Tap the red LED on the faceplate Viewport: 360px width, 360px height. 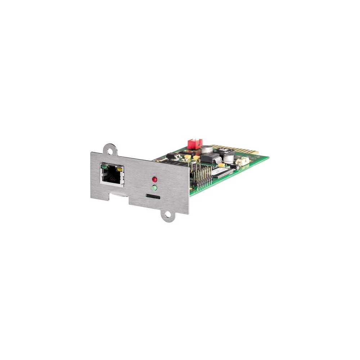154,179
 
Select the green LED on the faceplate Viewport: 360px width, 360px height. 154,188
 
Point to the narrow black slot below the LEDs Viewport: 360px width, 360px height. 153,197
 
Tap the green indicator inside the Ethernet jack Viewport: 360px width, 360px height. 104,166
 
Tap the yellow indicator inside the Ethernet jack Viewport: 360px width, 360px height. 120,168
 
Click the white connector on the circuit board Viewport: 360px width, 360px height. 243,162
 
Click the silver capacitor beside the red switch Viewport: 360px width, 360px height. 207,149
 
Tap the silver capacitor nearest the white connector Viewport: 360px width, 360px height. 228,159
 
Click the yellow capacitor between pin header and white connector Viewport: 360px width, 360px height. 221,165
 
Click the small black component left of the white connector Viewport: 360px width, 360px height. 234,166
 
